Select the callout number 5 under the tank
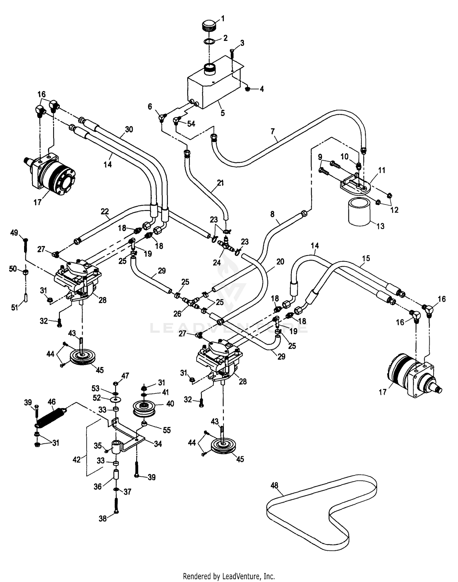[x=223, y=113]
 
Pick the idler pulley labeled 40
[x=145, y=409]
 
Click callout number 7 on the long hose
[x=272, y=132]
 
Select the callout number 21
[x=220, y=183]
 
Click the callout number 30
[x=129, y=129]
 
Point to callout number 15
[x=366, y=258]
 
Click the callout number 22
[x=105, y=211]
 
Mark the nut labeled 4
[x=248, y=89]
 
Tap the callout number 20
[x=280, y=262]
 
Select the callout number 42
[x=77, y=460]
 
